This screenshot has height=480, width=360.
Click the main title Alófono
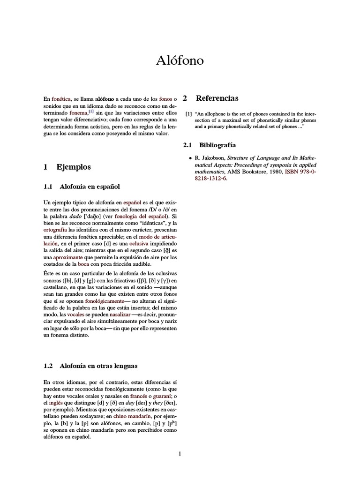[x=180, y=61]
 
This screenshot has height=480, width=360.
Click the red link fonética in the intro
[x=61, y=99]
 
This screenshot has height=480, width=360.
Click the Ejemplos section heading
[x=74, y=167]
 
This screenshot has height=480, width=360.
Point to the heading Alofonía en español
[x=90, y=187]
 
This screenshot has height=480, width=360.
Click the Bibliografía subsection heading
[x=217, y=145]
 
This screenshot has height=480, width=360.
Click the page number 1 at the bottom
[x=180, y=453]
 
